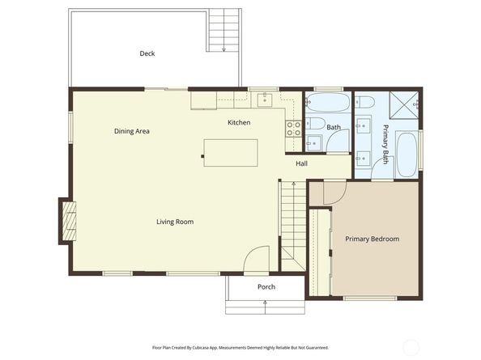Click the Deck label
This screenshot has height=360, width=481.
pyautogui.click(x=147, y=53)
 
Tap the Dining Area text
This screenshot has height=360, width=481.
pyautogui.click(x=131, y=131)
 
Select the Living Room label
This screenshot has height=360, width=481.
pyautogui.click(x=175, y=222)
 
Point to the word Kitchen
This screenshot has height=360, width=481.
pyautogui.click(x=239, y=123)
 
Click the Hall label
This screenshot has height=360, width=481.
pyautogui.click(x=301, y=164)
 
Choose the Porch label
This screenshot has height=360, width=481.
pyautogui.click(x=266, y=287)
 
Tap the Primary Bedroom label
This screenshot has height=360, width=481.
pyautogui.click(x=372, y=239)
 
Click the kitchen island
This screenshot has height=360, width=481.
pyautogui.click(x=231, y=153)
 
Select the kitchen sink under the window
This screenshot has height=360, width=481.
pyautogui.click(x=264, y=100)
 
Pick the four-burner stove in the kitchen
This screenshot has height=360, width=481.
pyautogui.click(x=293, y=127)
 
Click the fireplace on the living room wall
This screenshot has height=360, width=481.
pyautogui.click(x=68, y=220)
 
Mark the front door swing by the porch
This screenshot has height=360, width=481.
pyautogui.click(x=258, y=259)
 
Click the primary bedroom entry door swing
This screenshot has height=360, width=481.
pyautogui.click(x=334, y=193)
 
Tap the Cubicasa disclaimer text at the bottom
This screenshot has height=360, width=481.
pyautogui.click(x=241, y=346)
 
